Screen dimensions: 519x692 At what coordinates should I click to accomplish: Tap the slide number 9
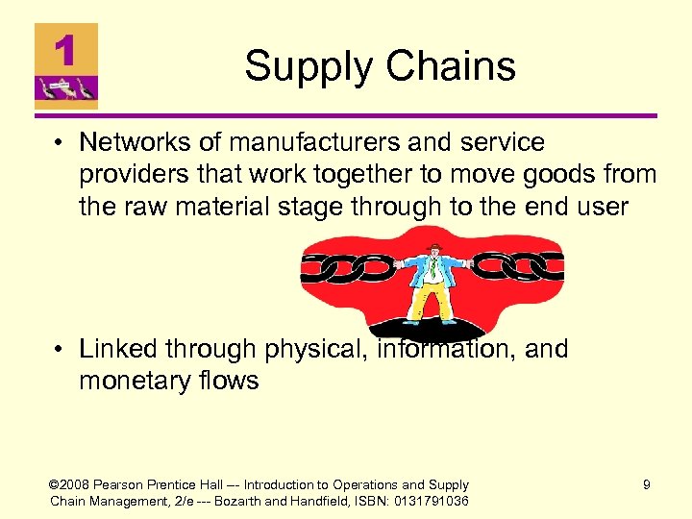click(647, 485)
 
